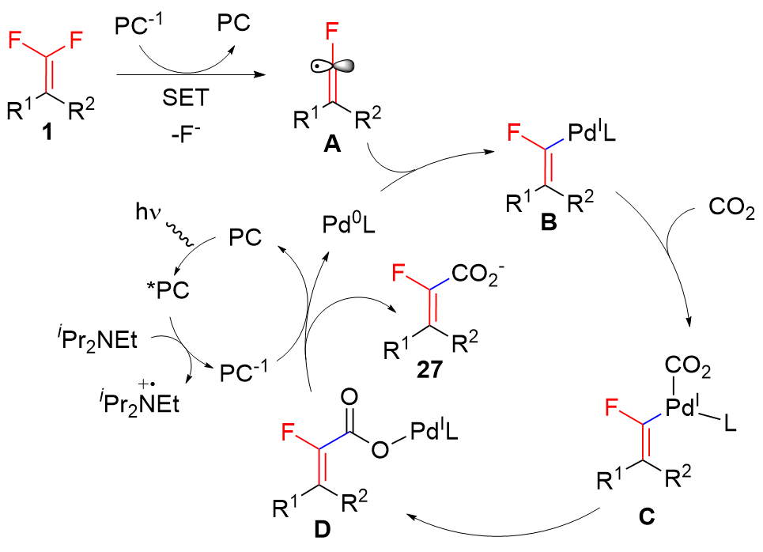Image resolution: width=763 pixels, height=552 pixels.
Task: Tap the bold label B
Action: click(545, 228)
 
